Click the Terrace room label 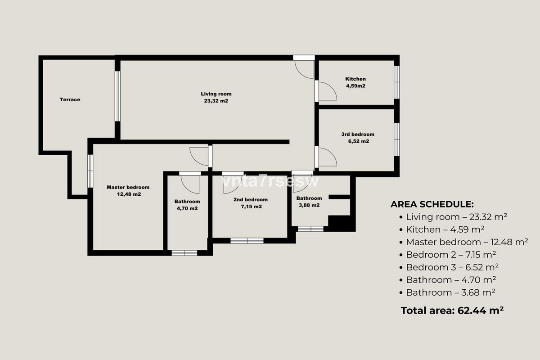coord(70,99)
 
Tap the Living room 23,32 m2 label coord(216,97)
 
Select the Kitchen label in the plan coord(355,82)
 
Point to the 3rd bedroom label coord(358,138)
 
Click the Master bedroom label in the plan coord(128,191)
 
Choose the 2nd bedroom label coord(251,203)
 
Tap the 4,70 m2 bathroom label coord(187,205)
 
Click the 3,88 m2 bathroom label coord(309,202)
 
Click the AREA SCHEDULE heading coord(432,204)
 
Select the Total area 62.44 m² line coord(452,310)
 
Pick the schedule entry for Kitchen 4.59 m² coord(441,229)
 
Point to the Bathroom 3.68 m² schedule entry coord(447,292)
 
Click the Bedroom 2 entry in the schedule coord(447,255)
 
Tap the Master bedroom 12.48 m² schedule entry coord(463,242)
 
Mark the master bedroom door coord(201,156)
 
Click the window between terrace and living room coord(117,96)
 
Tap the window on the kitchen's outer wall coord(396,82)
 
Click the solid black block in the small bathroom coord(340,223)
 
